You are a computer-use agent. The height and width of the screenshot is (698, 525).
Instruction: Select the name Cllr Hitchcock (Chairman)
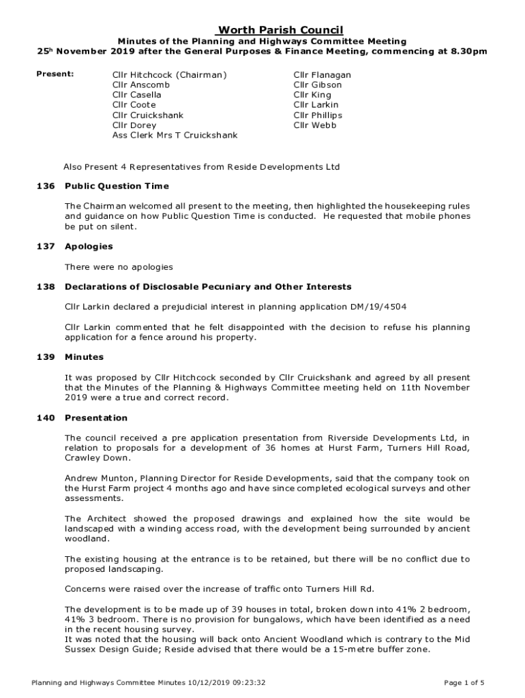(x=169, y=75)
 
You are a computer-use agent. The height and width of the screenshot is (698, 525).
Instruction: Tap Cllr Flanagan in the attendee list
(x=322, y=75)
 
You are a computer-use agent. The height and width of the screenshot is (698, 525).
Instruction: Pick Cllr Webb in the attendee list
(x=315, y=125)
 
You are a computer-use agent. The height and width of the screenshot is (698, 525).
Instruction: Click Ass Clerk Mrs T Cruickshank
(x=175, y=136)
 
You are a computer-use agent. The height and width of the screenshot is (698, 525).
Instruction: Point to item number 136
(x=44, y=186)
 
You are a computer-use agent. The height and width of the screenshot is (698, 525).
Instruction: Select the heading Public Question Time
(x=117, y=186)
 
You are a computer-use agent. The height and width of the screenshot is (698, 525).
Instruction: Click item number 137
(x=44, y=246)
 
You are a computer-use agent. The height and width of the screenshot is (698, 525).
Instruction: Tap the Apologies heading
(x=89, y=246)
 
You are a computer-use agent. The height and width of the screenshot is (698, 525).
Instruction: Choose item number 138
(x=44, y=287)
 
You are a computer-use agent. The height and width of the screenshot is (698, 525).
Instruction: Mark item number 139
(x=44, y=357)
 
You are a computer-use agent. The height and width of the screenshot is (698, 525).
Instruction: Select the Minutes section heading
(x=84, y=357)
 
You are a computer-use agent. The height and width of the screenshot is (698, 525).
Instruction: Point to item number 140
(x=44, y=418)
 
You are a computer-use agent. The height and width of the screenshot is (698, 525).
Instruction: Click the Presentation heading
(x=95, y=418)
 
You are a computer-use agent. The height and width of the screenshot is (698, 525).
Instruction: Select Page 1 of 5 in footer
(x=463, y=682)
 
